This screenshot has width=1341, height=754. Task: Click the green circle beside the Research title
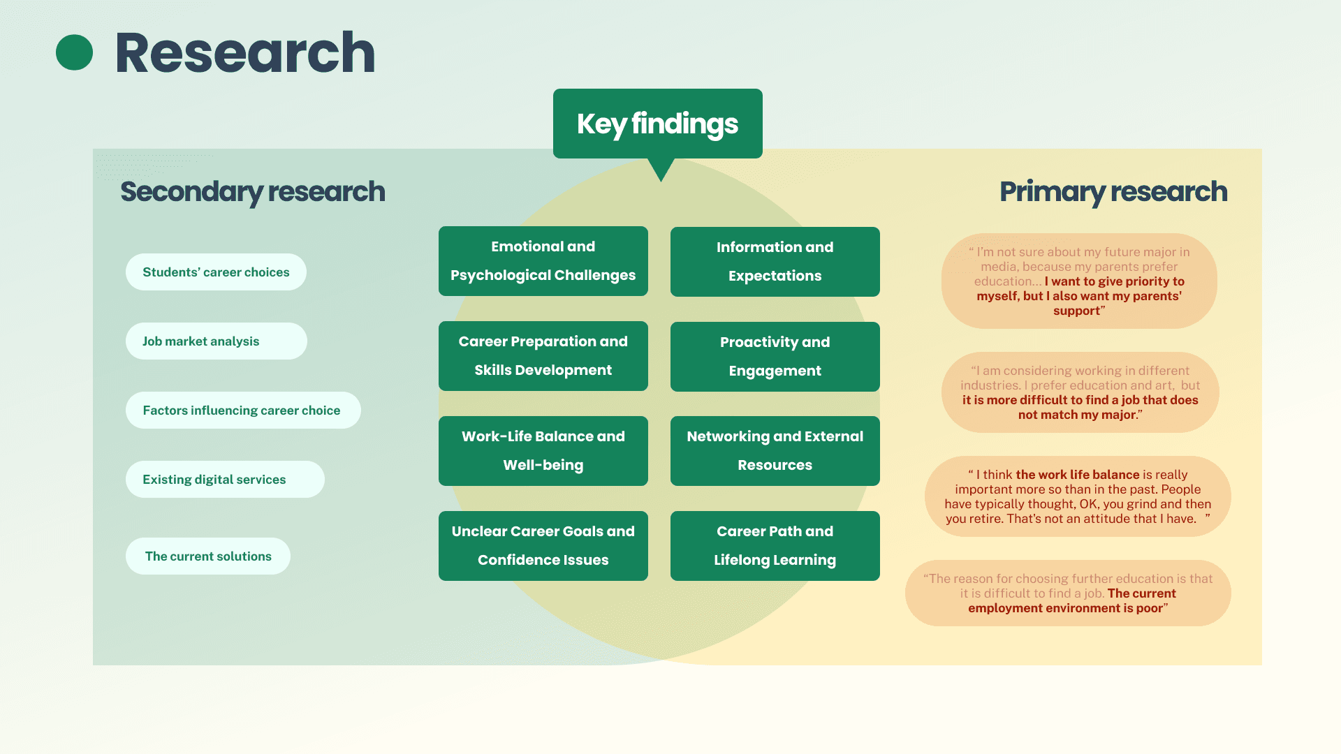click(74, 52)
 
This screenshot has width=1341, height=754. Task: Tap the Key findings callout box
click(657, 124)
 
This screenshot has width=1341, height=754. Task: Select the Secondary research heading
click(252, 191)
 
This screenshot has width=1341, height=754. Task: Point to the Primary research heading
click(1113, 191)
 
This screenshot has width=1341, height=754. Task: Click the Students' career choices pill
click(216, 272)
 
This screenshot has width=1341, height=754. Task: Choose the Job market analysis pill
click(216, 341)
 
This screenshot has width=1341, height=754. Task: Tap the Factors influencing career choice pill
click(242, 411)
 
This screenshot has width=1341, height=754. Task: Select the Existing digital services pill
click(224, 480)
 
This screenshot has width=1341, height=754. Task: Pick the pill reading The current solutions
click(208, 556)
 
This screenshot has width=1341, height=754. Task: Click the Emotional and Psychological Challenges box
click(543, 261)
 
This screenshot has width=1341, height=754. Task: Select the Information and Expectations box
click(775, 262)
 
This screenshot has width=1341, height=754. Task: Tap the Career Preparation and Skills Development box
click(543, 356)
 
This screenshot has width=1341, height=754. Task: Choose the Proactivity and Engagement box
click(775, 357)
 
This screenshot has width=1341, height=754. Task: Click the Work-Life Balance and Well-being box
click(543, 451)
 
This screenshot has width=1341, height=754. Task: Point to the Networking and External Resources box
click(775, 451)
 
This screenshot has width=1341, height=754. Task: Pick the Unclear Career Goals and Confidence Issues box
click(543, 546)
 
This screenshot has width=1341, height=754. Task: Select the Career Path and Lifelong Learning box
click(775, 546)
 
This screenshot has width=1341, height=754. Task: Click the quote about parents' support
click(1078, 281)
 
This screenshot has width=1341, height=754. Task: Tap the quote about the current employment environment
click(1068, 593)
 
